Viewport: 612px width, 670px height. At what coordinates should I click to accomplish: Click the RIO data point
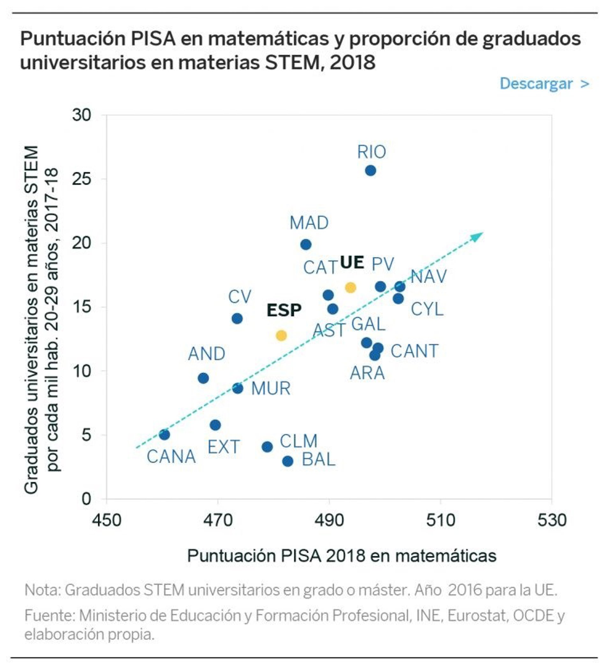370,171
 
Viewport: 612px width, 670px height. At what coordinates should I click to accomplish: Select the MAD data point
306,244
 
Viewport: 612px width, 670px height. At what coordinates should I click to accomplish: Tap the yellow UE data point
350,288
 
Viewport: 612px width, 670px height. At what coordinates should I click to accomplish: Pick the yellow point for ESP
281,336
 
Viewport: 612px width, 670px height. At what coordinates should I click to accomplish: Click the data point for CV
237,319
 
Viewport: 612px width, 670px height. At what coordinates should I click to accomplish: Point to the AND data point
203,378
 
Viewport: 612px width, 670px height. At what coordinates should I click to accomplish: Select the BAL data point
288,461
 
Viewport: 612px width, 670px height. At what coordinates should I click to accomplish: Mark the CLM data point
267,447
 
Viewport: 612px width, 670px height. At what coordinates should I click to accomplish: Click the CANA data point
164,434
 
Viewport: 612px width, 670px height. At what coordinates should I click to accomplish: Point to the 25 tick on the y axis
82,179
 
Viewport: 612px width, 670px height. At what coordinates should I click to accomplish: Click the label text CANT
414,351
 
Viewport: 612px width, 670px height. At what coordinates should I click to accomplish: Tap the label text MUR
271,388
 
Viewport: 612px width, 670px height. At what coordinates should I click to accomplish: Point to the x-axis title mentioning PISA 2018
341,556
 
